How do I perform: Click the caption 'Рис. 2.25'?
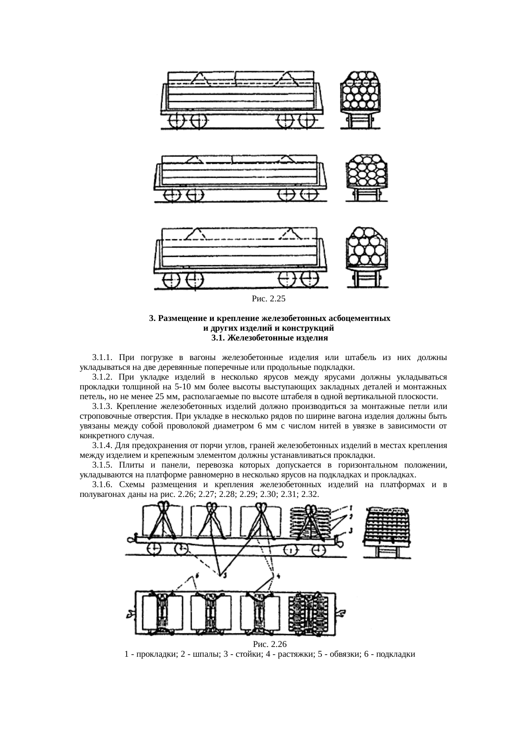point(268,299)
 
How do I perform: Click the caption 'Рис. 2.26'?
point(270,644)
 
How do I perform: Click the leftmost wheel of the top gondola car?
point(174,121)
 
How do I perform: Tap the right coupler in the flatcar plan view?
point(341,613)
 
